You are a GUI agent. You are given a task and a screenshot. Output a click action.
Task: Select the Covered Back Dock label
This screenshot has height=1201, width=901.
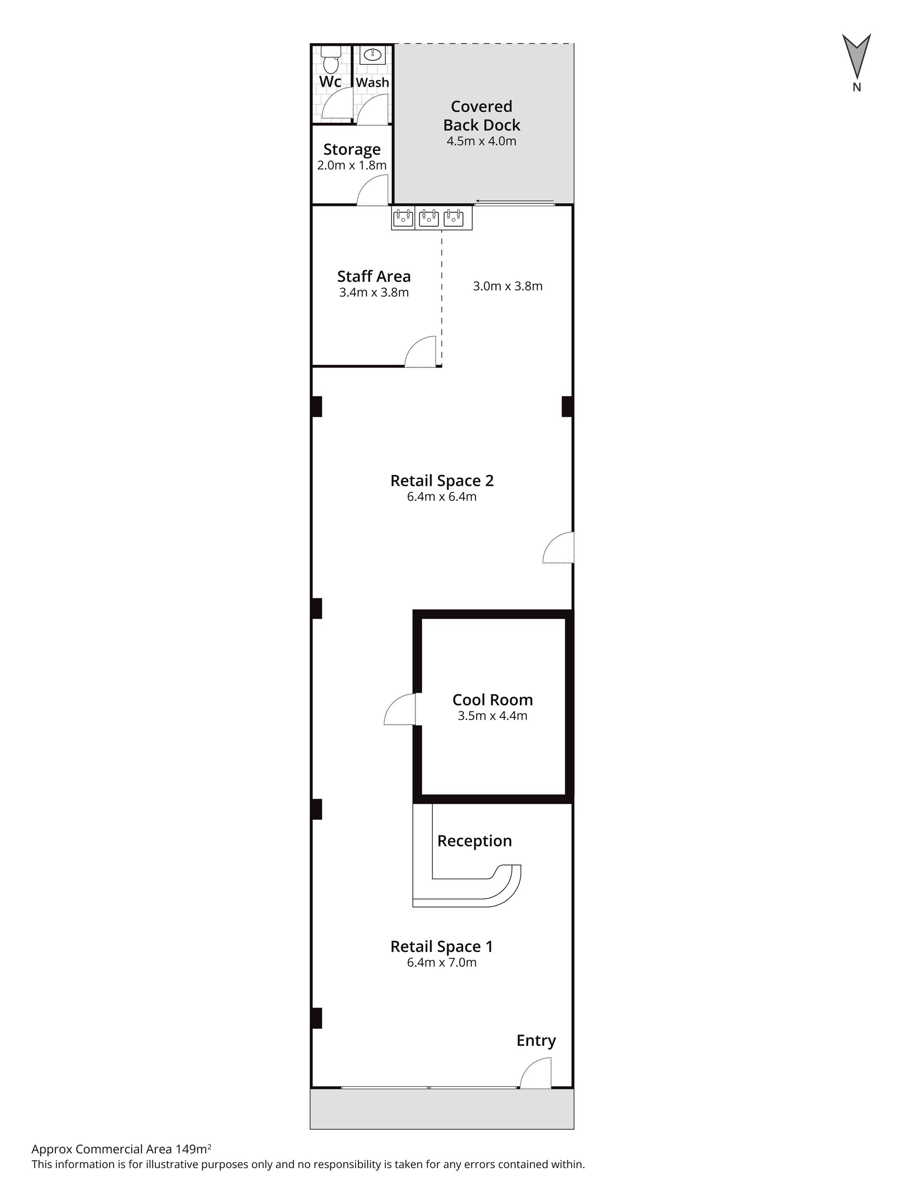[481, 116]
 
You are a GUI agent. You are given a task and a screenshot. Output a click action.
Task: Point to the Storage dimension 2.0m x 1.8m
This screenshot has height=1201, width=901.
[352, 165]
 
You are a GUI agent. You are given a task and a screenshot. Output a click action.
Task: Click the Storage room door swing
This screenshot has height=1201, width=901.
[372, 190]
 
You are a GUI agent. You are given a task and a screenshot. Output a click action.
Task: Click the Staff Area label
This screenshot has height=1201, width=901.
[374, 276]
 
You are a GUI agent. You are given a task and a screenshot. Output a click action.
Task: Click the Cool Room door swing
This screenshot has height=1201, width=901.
[400, 709]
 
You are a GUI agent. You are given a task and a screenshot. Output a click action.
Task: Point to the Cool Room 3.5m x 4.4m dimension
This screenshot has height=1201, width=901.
[493, 715]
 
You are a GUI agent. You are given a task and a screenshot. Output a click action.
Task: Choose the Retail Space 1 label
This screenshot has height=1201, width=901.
[442, 946]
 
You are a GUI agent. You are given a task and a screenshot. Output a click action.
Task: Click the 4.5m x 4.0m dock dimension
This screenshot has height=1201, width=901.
[481, 141]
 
